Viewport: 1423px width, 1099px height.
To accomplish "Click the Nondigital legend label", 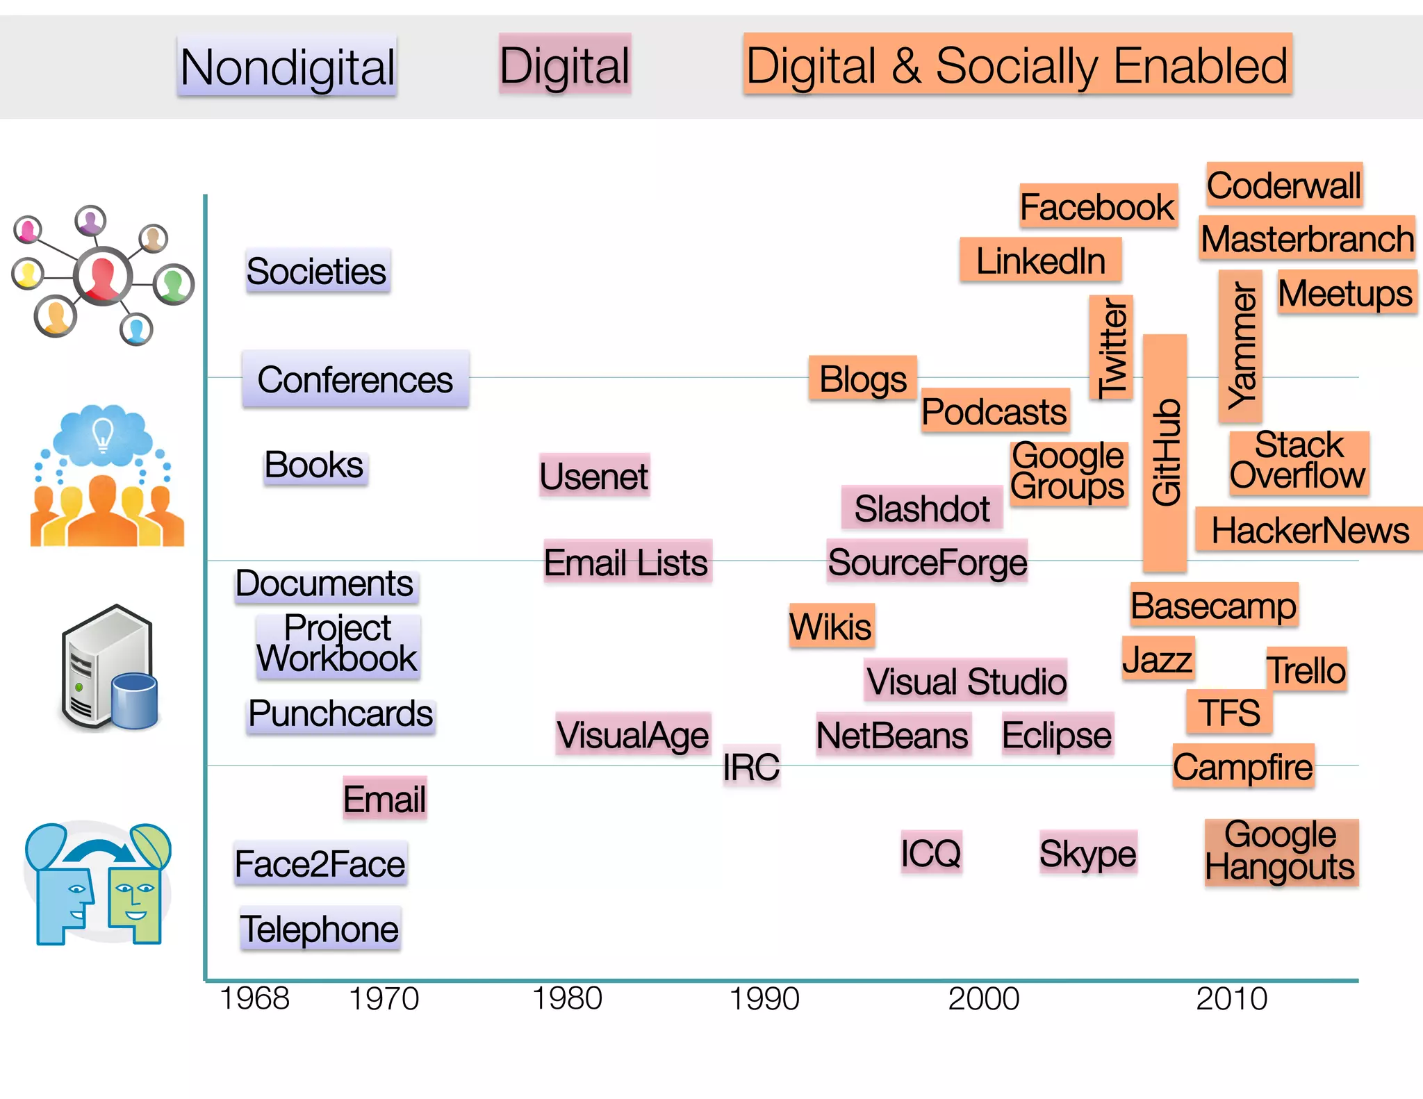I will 287,67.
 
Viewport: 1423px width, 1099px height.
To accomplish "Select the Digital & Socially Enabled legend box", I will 1017,65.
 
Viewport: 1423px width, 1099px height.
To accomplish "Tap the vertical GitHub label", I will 1165,453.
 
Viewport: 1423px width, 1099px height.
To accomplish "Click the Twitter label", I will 1111,347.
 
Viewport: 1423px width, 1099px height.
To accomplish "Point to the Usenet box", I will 594,477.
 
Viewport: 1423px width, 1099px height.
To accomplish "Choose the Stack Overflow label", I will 1298,461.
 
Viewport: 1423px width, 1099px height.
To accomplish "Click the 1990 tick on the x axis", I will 764,998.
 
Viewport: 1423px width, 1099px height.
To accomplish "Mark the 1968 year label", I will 254,998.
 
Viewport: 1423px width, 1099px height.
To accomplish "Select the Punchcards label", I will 340,714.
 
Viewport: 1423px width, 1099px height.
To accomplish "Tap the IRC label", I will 751,767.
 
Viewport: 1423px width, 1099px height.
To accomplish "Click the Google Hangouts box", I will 1281,852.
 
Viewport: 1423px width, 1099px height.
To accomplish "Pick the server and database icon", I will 110,668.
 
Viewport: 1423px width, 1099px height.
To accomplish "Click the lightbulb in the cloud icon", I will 103,434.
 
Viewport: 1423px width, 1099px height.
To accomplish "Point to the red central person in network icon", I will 103,276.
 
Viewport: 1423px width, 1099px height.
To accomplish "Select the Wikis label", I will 831,626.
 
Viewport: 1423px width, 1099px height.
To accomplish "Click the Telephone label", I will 320,929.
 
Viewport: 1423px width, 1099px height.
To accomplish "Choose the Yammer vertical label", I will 1241,346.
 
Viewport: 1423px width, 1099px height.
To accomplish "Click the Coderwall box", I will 1284,185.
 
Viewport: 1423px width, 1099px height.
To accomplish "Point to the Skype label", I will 1087,853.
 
